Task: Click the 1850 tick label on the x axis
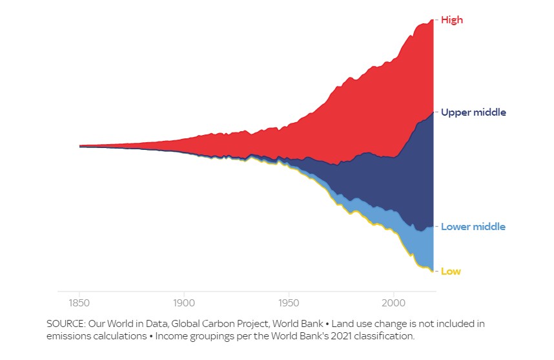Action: coord(79,302)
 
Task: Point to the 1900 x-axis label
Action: coord(184,302)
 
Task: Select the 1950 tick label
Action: coord(289,302)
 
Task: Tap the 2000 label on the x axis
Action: coord(393,302)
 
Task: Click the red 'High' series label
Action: coord(452,20)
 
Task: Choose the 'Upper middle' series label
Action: coord(473,112)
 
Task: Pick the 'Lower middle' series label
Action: coord(473,227)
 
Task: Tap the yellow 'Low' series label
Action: coord(451,271)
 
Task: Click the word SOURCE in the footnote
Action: coord(66,323)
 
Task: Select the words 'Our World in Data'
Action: coord(127,323)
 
